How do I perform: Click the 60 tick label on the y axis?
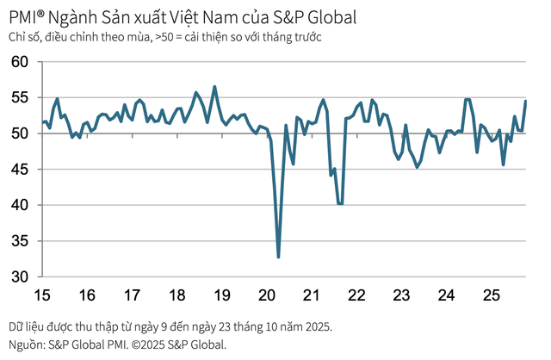pyautogui.click(x=20, y=62)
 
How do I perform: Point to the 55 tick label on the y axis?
pyautogui.click(x=20, y=98)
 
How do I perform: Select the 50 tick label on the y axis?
pyautogui.click(x=20, y=133)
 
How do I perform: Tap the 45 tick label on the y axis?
pyautogui.click(x=20, y=170)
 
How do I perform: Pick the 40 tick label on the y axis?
pyautogui.click(x=20, y=205)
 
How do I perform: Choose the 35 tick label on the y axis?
pyautogui.click(x=20, y=241)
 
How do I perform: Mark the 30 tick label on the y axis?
pyautogui.click(x=20, y=276)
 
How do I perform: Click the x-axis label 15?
pyautogui.click(x=42, y=295)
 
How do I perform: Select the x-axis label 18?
pyautogui.click(x=177, y=295)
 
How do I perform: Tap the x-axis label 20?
pyautogui.click(x=267, y=295)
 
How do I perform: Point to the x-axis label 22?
pyautogui.click(x=356, y=295)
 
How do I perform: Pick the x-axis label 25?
pyautogui.click(x=492, y=295)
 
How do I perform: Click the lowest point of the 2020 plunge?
pyautogui.click(x=278, y=257)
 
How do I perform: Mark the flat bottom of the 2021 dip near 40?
pyautogui.click(x=340, y=204)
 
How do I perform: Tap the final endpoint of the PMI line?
pyautogui.click(x=526, y=102)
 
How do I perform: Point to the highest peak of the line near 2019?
pyautogui.click(x=214, y=86)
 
